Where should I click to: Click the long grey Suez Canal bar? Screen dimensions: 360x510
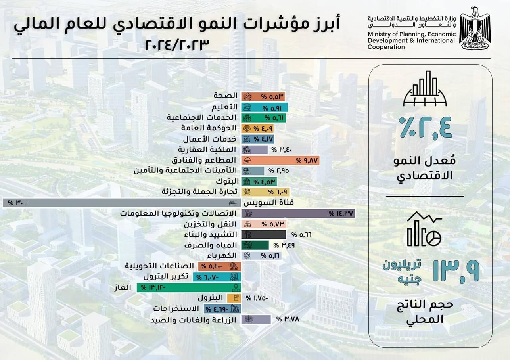(119, 203)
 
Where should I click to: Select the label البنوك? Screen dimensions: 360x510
(227, 182)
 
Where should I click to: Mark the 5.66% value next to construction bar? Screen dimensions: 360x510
(302, 234)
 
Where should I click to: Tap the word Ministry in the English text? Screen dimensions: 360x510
(379, 34)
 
